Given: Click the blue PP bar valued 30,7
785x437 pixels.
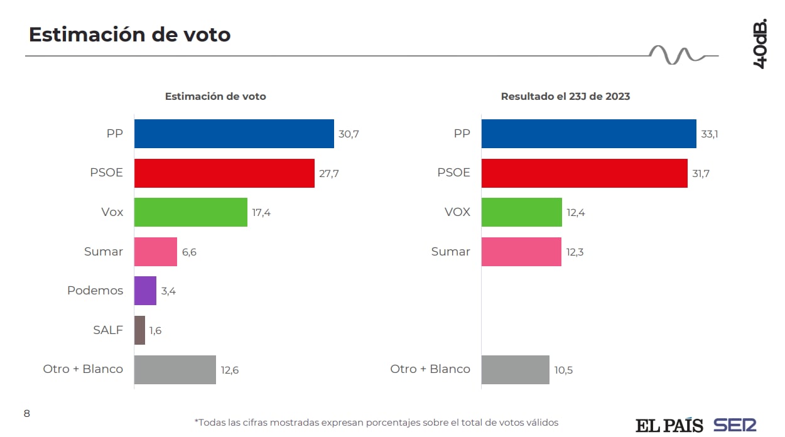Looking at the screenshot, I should [234, 134].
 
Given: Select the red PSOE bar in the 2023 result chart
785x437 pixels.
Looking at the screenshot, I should [584, 173].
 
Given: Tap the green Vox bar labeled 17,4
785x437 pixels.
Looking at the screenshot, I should [190, 212].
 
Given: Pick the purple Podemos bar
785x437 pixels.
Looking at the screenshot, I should [145, 291].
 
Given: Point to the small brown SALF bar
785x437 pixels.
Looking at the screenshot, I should [139, 330].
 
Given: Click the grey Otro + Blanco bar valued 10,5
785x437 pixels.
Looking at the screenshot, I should [515, 370].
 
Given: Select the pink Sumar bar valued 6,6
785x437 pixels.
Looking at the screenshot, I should [155, 252].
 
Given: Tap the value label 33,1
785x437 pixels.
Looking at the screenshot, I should [709, 134].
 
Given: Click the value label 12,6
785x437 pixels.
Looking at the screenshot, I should [229, 370].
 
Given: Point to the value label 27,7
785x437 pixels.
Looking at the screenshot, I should [328, 174].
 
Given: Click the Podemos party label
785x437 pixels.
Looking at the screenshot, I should [95, 291].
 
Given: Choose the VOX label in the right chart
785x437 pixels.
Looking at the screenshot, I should [457, 212].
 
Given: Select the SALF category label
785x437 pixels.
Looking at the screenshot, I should [107, 330].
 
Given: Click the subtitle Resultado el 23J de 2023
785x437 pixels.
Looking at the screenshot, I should [565, 97].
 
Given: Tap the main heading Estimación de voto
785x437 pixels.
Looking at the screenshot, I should [129, 35].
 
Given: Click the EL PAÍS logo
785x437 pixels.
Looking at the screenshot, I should [669, 425].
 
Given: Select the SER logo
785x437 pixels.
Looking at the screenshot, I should [735, 424].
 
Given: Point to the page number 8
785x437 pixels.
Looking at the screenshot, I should [26, 413].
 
